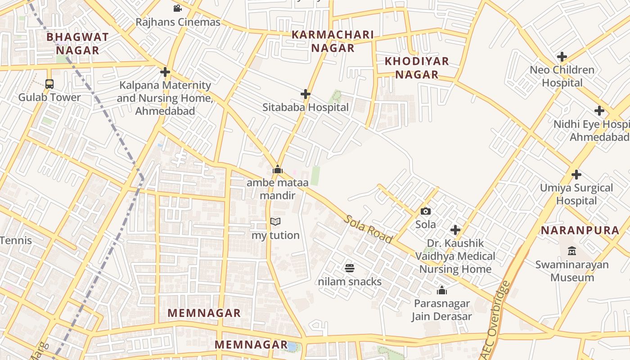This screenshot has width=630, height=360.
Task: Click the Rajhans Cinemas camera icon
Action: click(177, 8)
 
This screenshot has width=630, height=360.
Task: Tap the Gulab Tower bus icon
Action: click(49, 84)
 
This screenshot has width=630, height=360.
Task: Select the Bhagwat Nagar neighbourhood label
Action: click(77, 44)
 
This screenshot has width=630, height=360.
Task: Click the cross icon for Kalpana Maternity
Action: click(165, 72)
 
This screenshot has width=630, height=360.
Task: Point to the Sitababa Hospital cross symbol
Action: click(306, 94)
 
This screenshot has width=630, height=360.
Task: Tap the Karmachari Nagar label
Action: click(333, 41)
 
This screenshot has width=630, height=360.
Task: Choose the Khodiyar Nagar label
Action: click(417, 68)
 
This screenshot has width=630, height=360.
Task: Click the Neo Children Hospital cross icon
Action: click(562, 57)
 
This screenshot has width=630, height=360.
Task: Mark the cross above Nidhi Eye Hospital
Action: click(599, 111)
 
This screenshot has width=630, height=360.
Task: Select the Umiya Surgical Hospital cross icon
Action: click(576, 175)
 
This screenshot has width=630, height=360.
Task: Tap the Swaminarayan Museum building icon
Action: click(572, 250)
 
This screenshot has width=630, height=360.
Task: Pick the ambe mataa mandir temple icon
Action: click(278, 169)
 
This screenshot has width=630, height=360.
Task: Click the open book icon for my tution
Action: click(275, 221)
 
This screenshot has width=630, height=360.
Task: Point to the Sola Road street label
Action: click(369, 229)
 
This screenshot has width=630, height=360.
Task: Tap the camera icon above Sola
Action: click(425, 211)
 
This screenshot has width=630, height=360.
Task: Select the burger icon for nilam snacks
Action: click(350, 268)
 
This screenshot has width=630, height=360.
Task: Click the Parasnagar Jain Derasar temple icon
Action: click(442, 290)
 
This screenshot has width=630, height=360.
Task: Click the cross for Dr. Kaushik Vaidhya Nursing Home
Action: click(455, 230)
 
